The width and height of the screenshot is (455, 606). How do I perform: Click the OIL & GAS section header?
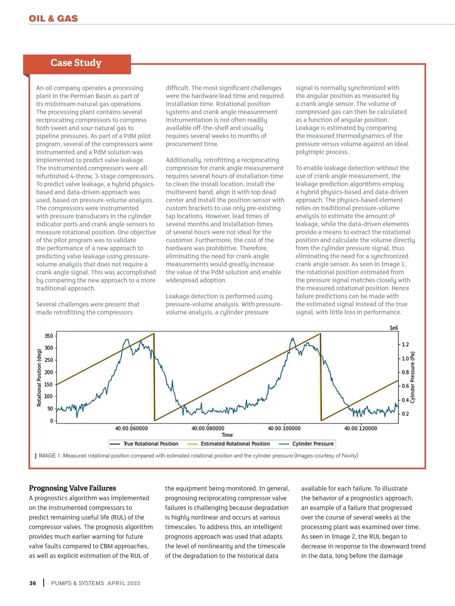(53, 19)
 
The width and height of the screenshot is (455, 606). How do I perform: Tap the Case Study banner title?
(76, 63)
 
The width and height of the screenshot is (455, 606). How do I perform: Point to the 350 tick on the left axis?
(49, 336)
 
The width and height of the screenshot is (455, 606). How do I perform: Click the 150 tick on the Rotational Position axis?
(49, 385)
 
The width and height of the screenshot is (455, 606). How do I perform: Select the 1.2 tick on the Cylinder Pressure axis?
(405, 344)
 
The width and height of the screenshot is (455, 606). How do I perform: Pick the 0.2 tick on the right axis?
(405, 414)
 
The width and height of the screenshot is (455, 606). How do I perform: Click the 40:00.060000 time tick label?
(132, 429)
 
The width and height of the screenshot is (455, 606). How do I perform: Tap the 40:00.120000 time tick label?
(361, 429)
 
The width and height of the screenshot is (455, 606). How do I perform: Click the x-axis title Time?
(227, 435)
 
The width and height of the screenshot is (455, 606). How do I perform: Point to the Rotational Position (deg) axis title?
(39, 378)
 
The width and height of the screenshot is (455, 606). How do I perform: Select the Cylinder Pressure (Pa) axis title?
(413, 378)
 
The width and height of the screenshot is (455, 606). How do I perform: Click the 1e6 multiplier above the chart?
(394, 328)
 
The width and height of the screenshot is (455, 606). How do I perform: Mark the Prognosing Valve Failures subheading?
(72, 488)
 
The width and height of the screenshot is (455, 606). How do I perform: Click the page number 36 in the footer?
(33, 583)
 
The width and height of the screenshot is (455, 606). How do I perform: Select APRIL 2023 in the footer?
(124, 583)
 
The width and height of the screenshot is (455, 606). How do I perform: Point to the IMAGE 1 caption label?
(50, 455)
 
